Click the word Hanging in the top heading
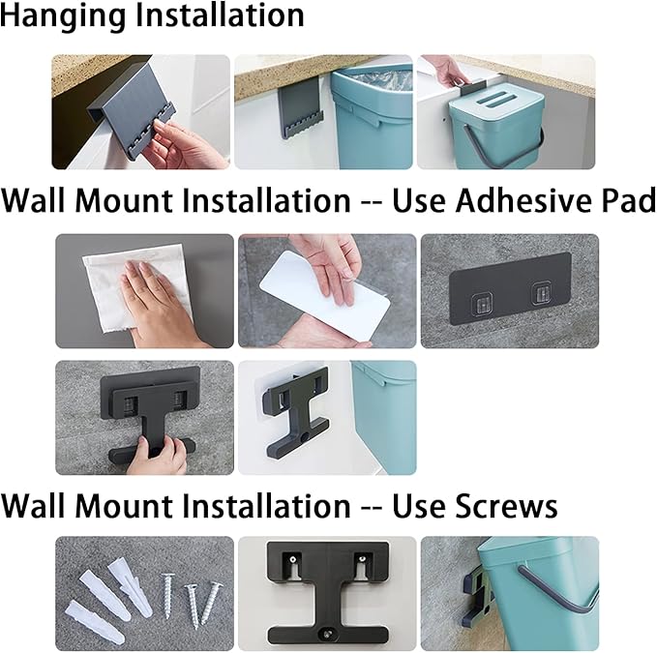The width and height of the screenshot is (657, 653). click(63, 16)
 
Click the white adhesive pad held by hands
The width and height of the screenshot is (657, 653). click(325, 295)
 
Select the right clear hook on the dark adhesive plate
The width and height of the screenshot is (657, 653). click(541, 293)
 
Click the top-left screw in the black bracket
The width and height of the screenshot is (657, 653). click(292, 559)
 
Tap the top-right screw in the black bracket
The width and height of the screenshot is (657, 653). click(362, 559)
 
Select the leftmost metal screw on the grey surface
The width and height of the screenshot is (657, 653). click(169, 596)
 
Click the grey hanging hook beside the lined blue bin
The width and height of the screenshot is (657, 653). click(301, 109)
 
